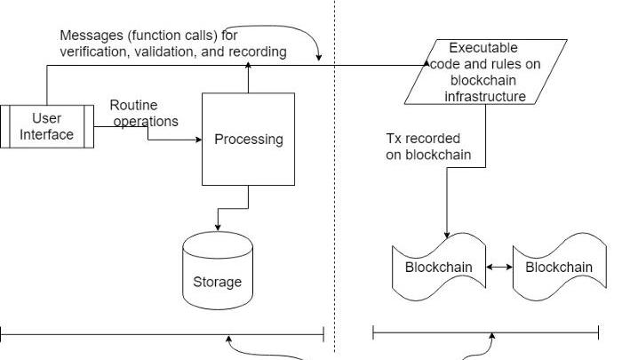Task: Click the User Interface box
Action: pyautogui.click(x=46, y=125)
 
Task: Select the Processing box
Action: pyautogui.click(x=248, y=139)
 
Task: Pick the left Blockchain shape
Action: pyautogui.click(x=438, y=266)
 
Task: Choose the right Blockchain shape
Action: pyautogui.click(x=559, y=266)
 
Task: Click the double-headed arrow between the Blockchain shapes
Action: pyautogui.click(x=498, y=267)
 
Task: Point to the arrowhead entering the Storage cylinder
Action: pyautogui.click(x=218, y=228)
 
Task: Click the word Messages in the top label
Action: pyautogui.click(x=92, y=36)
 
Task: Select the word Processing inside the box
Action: pyautogui.click(x=248, y=139)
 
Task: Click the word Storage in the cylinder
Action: pyautogui.click(x=217, y=282)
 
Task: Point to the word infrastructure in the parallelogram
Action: pyautogui.click(x=485, y=96)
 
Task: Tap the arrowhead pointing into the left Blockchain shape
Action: pyautogui.click(x=446, y=232)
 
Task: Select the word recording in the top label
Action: pyautogui.click(x=258, y=52)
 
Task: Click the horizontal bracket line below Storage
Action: pyautogui.click(x=160, y=334)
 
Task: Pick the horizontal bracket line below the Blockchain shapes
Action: pyautogui.click(x=485, y=333)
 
